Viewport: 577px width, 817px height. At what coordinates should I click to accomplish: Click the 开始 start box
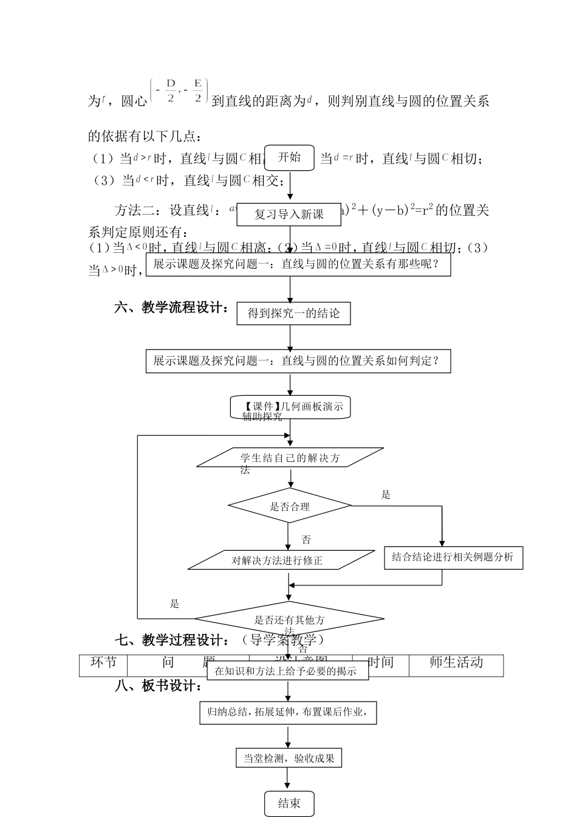290,158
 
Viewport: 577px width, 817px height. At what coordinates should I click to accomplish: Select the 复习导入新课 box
290,214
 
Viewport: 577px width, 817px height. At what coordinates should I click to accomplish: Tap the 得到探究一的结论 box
293,314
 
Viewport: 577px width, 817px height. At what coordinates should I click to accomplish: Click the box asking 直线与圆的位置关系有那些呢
298,264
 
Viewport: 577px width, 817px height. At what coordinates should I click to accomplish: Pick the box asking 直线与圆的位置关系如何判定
298,361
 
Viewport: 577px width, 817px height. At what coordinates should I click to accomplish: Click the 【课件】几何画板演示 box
290,407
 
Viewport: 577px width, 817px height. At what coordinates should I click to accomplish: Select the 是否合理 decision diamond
290,506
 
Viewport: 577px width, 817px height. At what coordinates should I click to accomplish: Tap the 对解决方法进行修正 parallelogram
281,560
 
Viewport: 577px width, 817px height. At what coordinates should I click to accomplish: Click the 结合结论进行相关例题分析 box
453,557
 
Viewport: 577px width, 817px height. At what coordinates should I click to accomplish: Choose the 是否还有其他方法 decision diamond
289,619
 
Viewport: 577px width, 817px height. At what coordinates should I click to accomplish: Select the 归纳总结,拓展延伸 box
288,712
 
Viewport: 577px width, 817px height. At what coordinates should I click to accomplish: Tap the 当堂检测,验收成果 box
288,758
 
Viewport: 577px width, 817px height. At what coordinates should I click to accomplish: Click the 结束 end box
289,803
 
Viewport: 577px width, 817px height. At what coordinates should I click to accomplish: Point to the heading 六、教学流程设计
172,308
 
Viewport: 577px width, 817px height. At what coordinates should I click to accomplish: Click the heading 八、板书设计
158,686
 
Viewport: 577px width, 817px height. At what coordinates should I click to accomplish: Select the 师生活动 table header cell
456,663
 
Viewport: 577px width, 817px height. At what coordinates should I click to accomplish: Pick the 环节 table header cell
103,663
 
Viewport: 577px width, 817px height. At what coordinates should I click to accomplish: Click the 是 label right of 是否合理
386,495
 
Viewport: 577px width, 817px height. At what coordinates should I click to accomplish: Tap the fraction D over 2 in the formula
171,90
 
